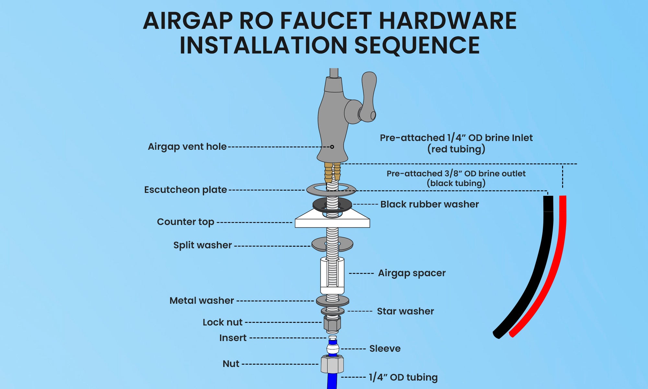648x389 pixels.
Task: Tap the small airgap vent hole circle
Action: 332,147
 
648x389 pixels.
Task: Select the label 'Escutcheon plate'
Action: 185,190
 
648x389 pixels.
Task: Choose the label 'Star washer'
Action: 405,311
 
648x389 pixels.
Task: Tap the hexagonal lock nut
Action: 332,323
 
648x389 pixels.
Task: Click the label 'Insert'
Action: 233,338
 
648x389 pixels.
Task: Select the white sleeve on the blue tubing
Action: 333,349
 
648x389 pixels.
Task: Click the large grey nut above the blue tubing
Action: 332,364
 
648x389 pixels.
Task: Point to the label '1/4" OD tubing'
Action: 403,377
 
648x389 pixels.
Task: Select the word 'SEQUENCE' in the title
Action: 417,45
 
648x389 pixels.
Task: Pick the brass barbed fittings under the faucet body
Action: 332,172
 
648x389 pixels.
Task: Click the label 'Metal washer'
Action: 202,301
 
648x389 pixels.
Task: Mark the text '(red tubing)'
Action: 456,149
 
